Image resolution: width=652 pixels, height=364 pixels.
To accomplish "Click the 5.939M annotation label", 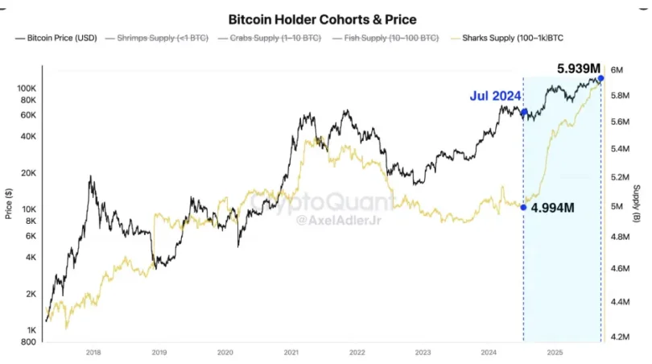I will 579,68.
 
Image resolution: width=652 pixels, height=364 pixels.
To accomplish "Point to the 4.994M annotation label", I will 552,208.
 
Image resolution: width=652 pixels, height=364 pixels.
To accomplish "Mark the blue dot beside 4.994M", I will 523,207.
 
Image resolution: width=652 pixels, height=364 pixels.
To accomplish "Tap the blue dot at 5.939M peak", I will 601,78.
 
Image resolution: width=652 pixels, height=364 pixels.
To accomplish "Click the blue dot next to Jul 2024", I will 524,113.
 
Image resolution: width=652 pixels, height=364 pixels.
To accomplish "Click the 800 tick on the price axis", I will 28,342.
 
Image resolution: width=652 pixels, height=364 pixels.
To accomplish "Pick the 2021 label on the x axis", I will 291,352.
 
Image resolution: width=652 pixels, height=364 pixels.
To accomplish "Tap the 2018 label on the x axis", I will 93,352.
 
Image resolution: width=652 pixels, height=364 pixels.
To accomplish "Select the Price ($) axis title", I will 8,203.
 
